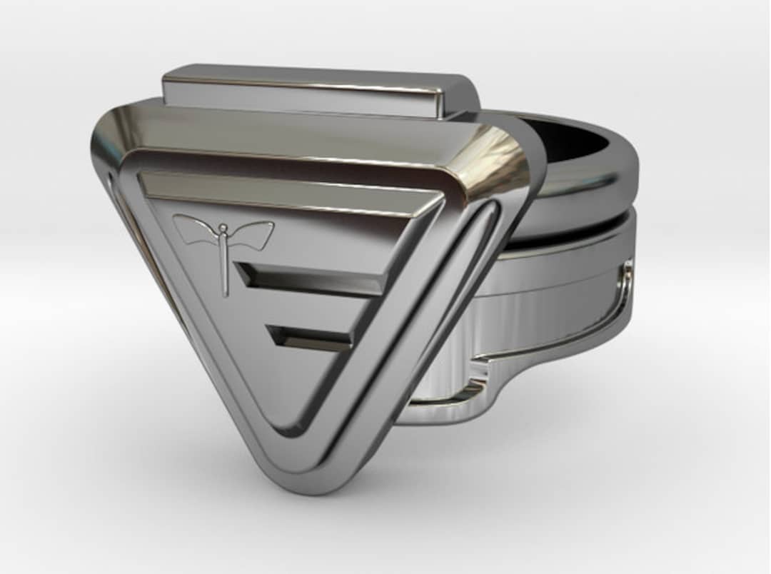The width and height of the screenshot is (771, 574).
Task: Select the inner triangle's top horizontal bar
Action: click(x=286, y=189)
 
